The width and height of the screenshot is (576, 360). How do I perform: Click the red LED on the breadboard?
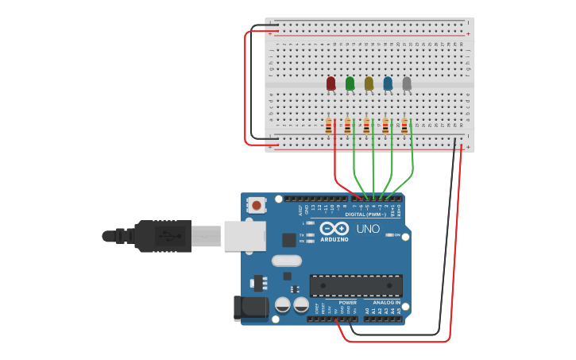tap(331, 83)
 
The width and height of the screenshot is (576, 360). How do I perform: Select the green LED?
tap(350, 83)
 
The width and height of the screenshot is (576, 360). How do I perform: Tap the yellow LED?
tap(369, 83)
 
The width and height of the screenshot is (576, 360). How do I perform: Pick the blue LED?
tap(388, 83)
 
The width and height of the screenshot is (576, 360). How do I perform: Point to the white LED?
tap(407, 83)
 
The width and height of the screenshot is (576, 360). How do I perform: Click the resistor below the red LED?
tap(329, 126)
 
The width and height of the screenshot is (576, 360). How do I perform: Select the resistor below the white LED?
tap(404, 126)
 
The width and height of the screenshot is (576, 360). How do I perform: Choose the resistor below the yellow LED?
tap(366, 126)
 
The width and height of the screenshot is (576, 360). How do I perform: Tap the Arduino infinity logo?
tap(334, 229)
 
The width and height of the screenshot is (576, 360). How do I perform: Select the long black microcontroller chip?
tap(356, 285)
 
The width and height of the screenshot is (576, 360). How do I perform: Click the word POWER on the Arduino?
tap(348, 302)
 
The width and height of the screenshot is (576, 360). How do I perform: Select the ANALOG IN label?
tap(386, 302)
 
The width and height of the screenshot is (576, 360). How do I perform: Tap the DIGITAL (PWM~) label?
tap(366, 215)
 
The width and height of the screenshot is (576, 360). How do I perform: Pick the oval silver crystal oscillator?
tap(287, 261)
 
